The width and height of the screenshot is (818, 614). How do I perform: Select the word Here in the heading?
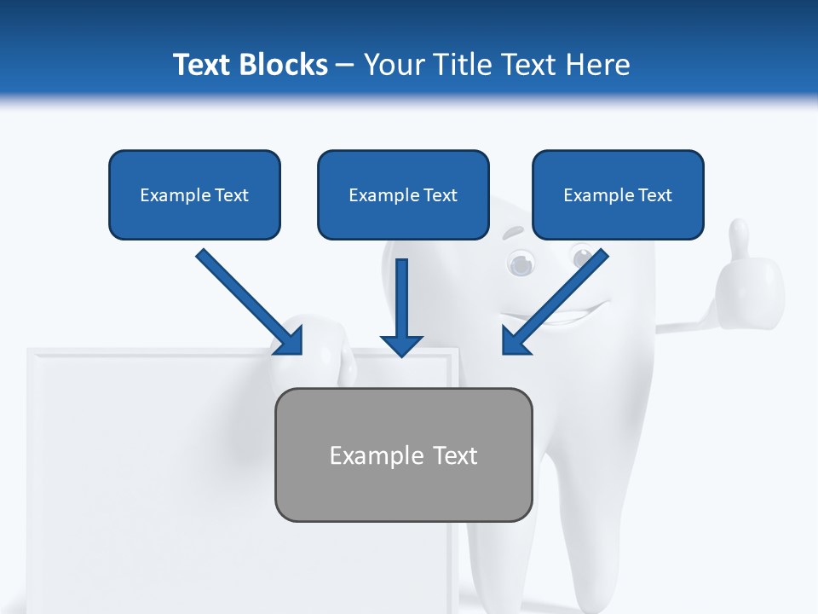coord(597,65)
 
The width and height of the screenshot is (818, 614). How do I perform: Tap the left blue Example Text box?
coord(194,195)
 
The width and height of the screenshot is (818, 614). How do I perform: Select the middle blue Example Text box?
coord(403,195)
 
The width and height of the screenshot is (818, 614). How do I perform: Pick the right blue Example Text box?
coord(618,195)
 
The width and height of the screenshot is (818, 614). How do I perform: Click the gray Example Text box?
coord(403,455)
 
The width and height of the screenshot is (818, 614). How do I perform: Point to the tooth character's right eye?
coord(583,256)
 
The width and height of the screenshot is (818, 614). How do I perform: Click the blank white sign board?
coord(145,478)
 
